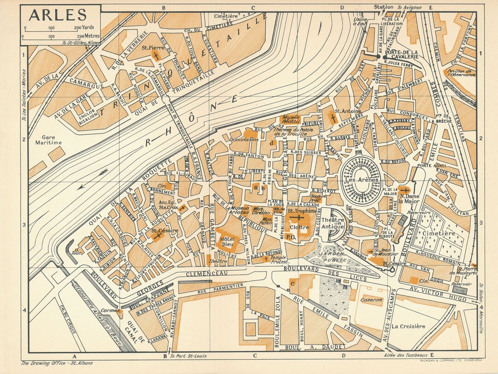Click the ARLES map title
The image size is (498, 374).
(58, 15)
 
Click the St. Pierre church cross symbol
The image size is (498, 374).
(156, 56)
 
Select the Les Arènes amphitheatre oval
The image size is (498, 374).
(362, 180)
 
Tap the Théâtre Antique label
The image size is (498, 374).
(332, 223)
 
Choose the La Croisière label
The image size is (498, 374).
(409, 326)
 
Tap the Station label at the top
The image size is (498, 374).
(384, 7)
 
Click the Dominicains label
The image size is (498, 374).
(244, 139)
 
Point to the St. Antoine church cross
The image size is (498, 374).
(333, 118)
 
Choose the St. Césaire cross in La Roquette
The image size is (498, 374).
(158, 235)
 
